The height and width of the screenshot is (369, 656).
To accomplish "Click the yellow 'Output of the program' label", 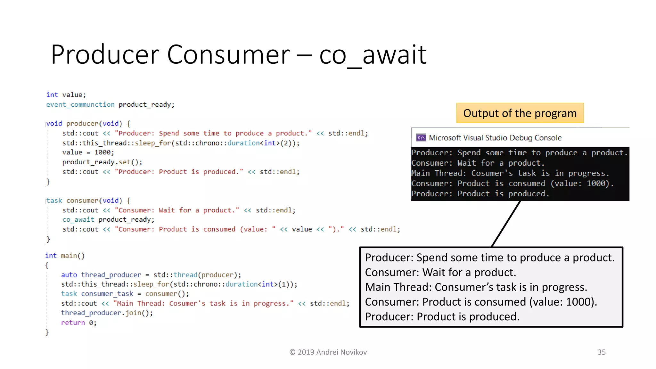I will pyautogui.click(x=520, y=113).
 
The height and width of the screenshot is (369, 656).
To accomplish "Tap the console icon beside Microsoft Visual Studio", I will pyautogui.click(x=421, y=138).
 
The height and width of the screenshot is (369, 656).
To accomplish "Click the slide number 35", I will pyautogui.click(x=601, y=352).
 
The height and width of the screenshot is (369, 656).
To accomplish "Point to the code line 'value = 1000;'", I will pyautogui.click(x=88, y=152).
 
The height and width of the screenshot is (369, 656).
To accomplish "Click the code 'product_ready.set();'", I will pyautogui.click(x=102, y=162).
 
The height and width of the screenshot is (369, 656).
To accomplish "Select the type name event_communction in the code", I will pyautogui.click(x=80, y=105).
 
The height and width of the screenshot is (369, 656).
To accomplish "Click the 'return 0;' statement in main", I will pyautogui.click(x=78, y=323).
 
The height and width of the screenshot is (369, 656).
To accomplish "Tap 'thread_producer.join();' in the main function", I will pyautogui.click(x=107, y=313).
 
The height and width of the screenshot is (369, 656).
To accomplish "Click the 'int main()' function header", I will pyautogui.click(x=65, y=256).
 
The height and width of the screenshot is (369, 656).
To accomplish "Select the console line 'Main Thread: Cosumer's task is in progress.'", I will pyautogui.click(x=510, y=173).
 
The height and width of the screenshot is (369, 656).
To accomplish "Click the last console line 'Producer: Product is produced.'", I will pyautogui.click(x=480, y=194).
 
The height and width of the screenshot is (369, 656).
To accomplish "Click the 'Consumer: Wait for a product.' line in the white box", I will pyautogui.click(x=440, y=272).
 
